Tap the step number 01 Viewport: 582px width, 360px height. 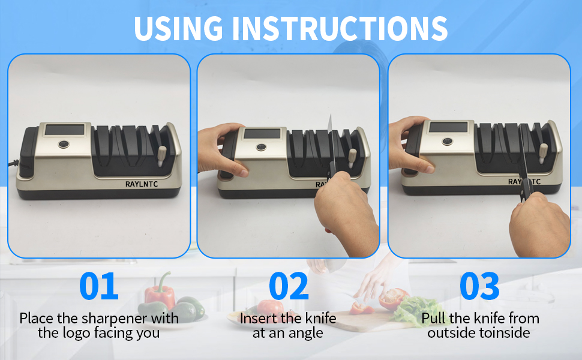[99, 287]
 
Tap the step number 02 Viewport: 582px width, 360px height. [289, 287]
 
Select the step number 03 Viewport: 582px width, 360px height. [479, 287]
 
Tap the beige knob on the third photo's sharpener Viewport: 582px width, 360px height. [543, 152]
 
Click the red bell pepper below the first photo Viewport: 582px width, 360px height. [160, 293]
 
